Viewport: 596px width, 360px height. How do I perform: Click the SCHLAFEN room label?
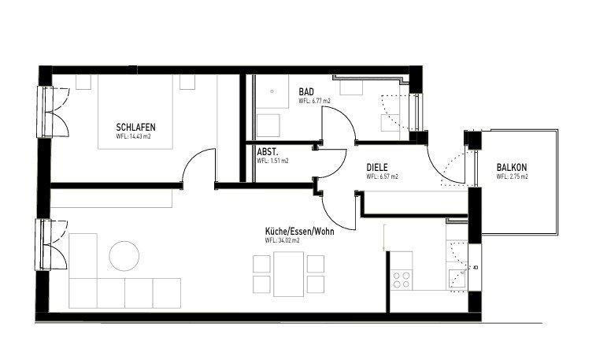[x=135, y=127]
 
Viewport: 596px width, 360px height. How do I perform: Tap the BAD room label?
[x=306, y=93]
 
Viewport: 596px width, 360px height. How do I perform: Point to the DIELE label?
[x=379, y=168]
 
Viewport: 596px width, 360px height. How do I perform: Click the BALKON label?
[x=512, y=167]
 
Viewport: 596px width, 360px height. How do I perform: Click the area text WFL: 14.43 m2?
[x=133, y=136]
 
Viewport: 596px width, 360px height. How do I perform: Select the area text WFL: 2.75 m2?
[x=512, y=177]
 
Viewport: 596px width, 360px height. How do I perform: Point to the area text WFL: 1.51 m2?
[x=272, y=160]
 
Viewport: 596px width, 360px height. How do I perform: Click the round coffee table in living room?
[x=124, y=256]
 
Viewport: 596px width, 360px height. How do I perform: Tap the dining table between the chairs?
[x=289, y=273]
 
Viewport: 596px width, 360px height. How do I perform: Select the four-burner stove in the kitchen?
[x=402, y=278]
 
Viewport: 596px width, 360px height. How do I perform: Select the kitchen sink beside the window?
[x=456, y=276]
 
